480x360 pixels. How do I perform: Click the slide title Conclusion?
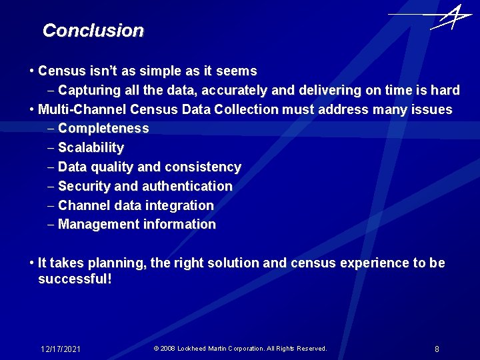(93, 31)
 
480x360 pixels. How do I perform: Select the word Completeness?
(103, 128)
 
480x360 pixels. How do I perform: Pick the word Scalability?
(91, 147)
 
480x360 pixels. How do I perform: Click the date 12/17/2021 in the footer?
(61, 349)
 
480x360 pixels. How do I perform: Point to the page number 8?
(437, 349)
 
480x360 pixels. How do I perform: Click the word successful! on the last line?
(75, 279)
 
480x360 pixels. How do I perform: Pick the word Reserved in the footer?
(310, 349)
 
